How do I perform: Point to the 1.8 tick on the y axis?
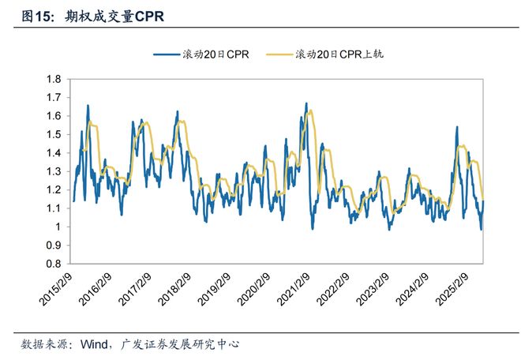click(54, 79)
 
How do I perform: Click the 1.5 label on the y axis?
click(54, 134)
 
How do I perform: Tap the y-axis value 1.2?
click(54, 189)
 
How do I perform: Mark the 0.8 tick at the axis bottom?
click(54, 264)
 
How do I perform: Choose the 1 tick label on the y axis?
click(58, 227)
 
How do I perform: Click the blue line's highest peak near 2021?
click(305, 103)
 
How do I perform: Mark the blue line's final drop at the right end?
click(482, 229)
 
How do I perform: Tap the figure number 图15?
click(35, 16)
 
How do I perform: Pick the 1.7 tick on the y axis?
click(54, 97)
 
